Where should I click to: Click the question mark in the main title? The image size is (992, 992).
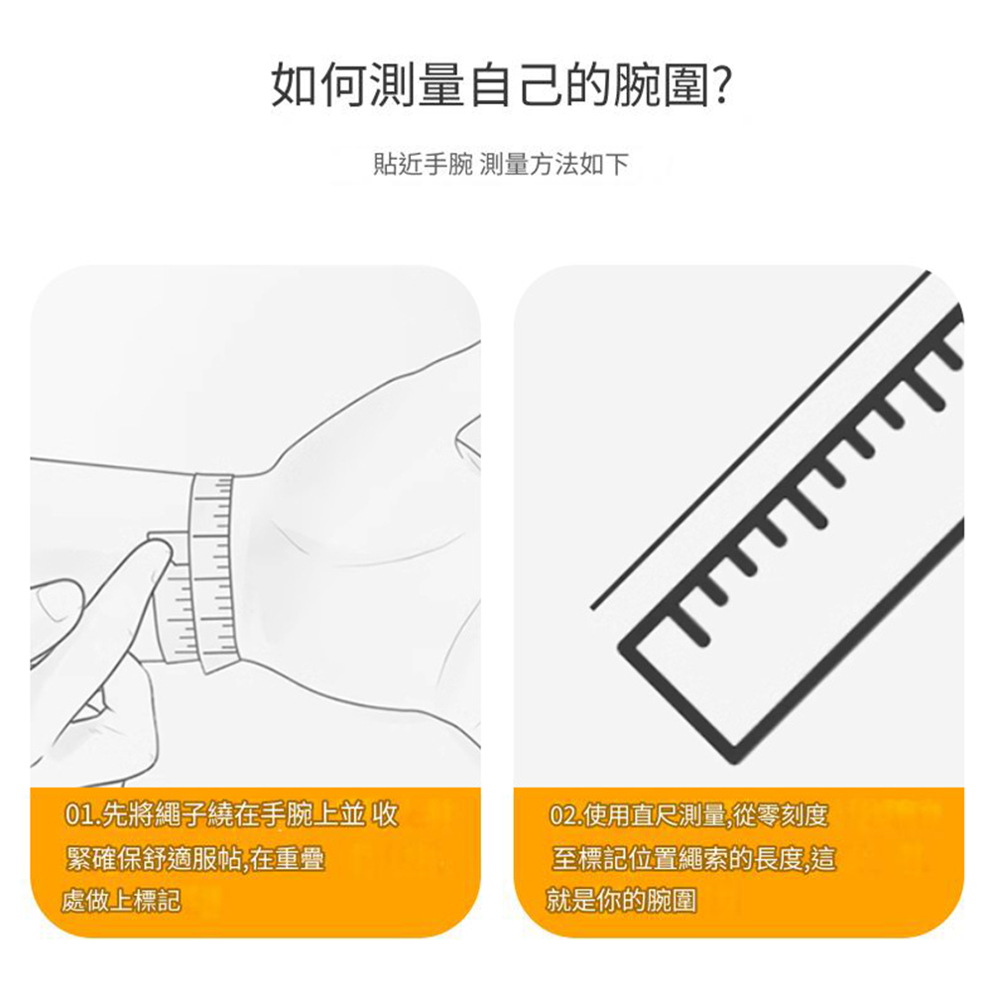tap(722, 84)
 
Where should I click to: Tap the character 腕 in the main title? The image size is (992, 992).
tap(638, 84)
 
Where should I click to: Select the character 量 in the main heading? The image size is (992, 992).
tap(441, 84)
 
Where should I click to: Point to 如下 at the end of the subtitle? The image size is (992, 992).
tap(604, 165)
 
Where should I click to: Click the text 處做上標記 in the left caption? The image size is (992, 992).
tap(121, 901)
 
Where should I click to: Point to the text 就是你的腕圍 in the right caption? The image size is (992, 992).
tap(621, 901)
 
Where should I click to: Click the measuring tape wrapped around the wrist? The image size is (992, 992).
tap(212, 572)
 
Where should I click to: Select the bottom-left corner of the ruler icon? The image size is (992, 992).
tap(620, 646)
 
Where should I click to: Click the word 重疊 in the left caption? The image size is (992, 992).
tap(301, 858)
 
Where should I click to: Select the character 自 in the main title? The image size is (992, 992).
tap(491, 84)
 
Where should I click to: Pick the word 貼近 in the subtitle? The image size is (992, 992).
tap(398, 165)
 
